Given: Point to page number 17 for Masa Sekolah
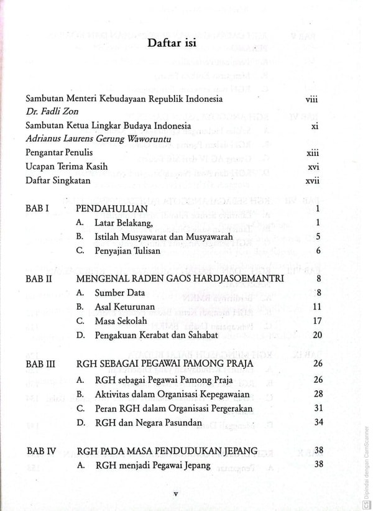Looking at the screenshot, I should pos(316,321).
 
